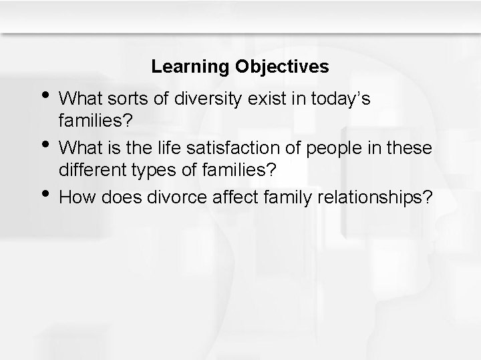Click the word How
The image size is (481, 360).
coord(75,197)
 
